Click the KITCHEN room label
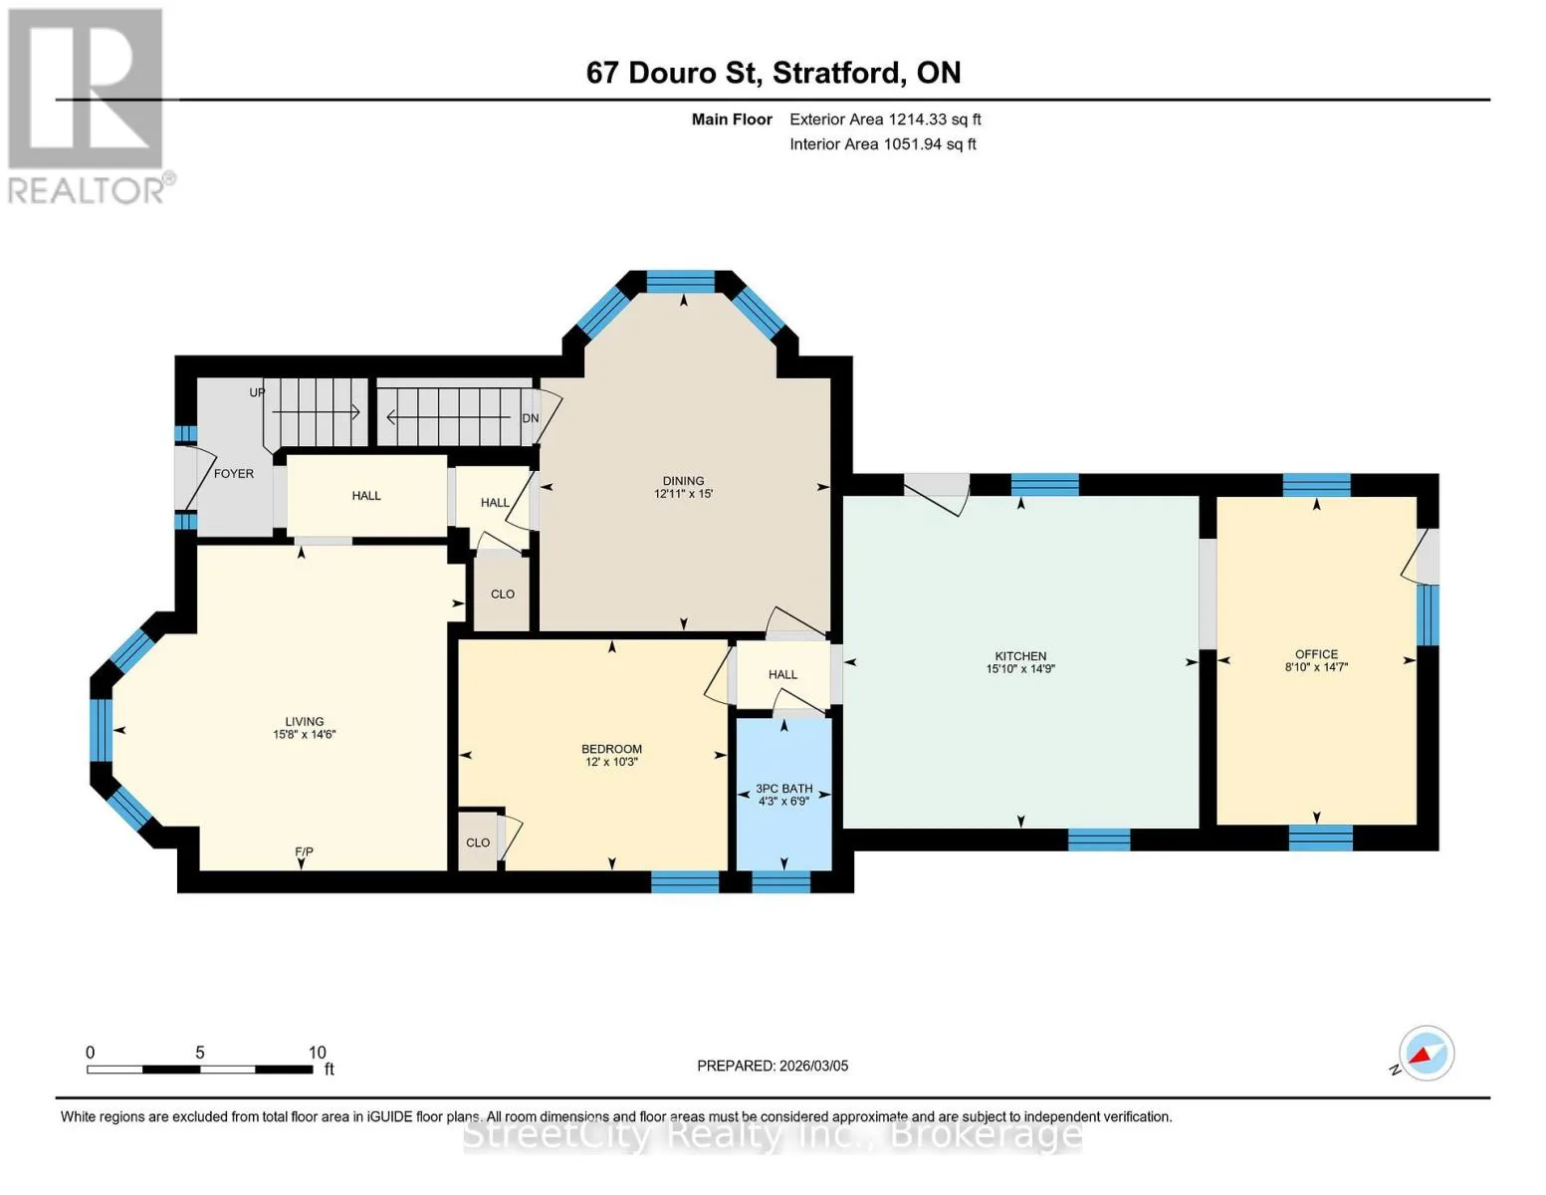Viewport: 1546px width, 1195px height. [x=1020, y=656]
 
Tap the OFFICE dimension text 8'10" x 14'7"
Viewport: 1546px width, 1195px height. [x=1316, y=667]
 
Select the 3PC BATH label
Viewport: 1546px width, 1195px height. [x=784, y=789]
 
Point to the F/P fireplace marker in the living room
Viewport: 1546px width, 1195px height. [x=304, y=852]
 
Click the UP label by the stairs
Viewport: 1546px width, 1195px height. [x=257, y=392]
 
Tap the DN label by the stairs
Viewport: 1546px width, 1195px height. [x=530, y=418]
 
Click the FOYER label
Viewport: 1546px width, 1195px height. [x=233, y=474]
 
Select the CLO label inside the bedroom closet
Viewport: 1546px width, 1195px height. [x=478, y=842]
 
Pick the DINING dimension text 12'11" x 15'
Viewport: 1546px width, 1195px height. [x=683, y=494]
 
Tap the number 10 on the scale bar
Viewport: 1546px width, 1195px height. [x=317, y=1053]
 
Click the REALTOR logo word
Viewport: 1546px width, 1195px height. [x=87, y=191]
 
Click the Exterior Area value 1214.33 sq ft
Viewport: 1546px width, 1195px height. [x=934, y=119]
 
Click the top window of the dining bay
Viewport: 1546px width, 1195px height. [x=680, y=282]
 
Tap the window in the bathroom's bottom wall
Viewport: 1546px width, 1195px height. [x=780, y=882]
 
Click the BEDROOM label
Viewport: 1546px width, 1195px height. [x=611, y=749]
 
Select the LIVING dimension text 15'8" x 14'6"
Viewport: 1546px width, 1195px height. [x=304, y=735]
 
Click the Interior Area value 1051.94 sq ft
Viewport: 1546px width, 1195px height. [x=930, y=144]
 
